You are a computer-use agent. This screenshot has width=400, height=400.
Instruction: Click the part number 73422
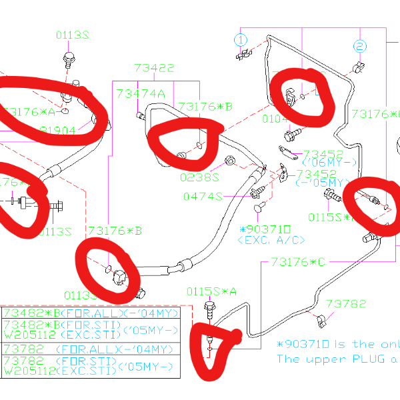click(154, 68)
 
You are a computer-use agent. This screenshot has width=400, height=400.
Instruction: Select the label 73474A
click(140, 93)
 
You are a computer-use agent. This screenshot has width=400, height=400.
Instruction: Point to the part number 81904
click(58, 131)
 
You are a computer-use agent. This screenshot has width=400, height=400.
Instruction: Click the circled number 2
click(359, 46)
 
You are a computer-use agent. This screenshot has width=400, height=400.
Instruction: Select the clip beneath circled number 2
click(359, 67)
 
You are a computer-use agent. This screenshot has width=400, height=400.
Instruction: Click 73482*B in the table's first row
click(28, 313)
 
